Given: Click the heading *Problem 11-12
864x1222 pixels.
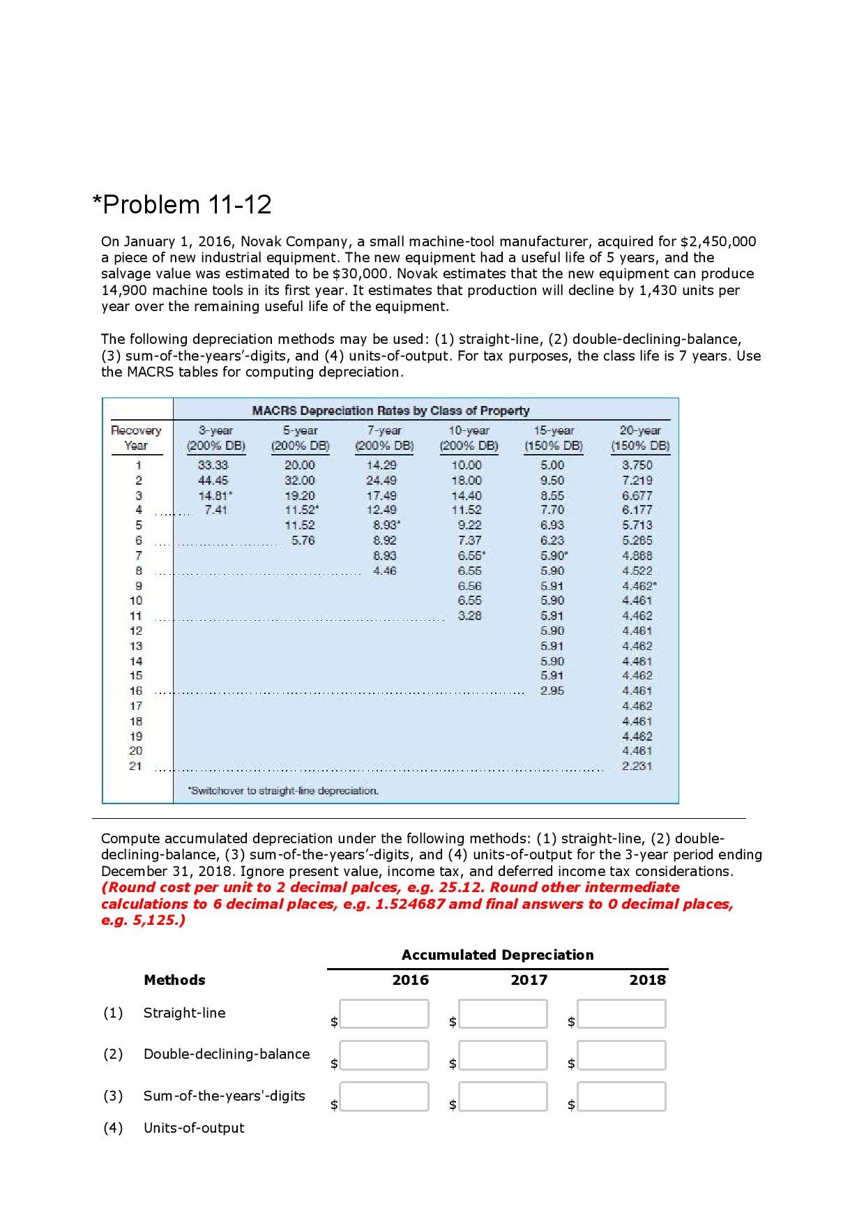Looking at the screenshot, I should [x=182, y=205].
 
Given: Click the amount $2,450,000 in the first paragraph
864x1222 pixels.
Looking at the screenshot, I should [x=718, y=241].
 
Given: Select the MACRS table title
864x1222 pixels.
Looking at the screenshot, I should [x=391, y=411].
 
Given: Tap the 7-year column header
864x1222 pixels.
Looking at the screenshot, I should [x=384, y=438].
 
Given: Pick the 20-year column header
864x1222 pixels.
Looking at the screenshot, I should [x=639, y=438].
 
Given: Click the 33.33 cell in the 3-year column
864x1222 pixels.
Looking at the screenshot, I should [x=213, y=465].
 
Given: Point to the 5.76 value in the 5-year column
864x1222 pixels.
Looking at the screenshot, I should [x=302, y=540].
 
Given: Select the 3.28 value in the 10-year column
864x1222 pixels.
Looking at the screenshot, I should [x=469, y=616].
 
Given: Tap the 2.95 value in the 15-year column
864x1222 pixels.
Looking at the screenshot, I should [x=552, y=691].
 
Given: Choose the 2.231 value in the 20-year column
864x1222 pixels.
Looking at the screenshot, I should [x=637, y=766].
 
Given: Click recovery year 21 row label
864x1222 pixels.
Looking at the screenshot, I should [x=135, y=766].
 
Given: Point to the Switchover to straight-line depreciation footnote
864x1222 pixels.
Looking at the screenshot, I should [x=283, y=791].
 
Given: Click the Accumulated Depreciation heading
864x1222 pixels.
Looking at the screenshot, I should [x=497, y=955].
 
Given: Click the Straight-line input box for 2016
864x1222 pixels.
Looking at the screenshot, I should [x=384, y=1014].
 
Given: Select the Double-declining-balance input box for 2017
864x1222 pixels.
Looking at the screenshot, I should [x=503, y=1055].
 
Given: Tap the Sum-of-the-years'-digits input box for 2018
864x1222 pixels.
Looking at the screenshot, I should [x=621, y=1096].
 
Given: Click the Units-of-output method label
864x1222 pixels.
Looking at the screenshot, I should [x=194, y=1128].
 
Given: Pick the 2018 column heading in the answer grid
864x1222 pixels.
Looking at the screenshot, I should [x=647, y=980].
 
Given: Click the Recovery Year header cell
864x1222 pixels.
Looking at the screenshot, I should [x=136, y=438].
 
